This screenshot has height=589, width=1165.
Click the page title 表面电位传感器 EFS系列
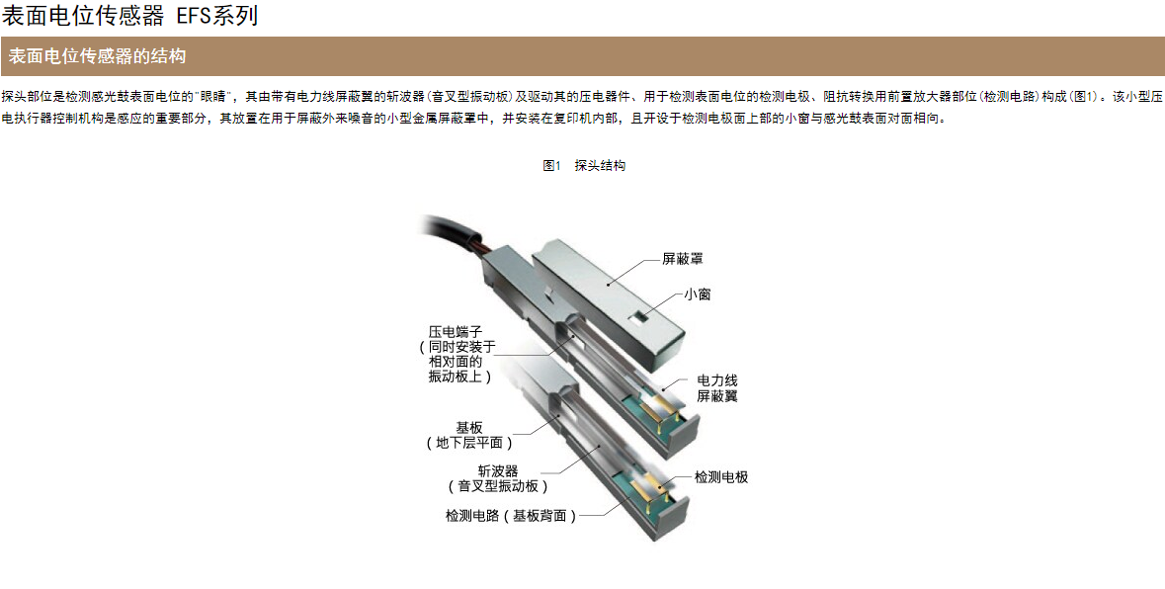[130, 15]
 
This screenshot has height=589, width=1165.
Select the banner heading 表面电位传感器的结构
[97, 55]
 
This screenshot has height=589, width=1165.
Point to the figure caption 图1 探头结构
[584, 166]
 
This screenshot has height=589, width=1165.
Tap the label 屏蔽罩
[683, 259]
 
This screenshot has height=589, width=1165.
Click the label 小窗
[697, 294]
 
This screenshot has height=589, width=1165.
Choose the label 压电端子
[456, 331]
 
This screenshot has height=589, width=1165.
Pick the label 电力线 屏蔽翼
[717, 388]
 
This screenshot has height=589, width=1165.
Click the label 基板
[468, 428]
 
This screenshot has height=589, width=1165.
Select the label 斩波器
[498, 470]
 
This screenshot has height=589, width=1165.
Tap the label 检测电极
[720, 477]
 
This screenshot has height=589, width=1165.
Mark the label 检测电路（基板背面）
[511, 516]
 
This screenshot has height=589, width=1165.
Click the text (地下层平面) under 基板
[469, 443]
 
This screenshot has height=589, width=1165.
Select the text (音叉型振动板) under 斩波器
[498, 486]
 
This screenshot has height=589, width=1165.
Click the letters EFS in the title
[192, 16]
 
